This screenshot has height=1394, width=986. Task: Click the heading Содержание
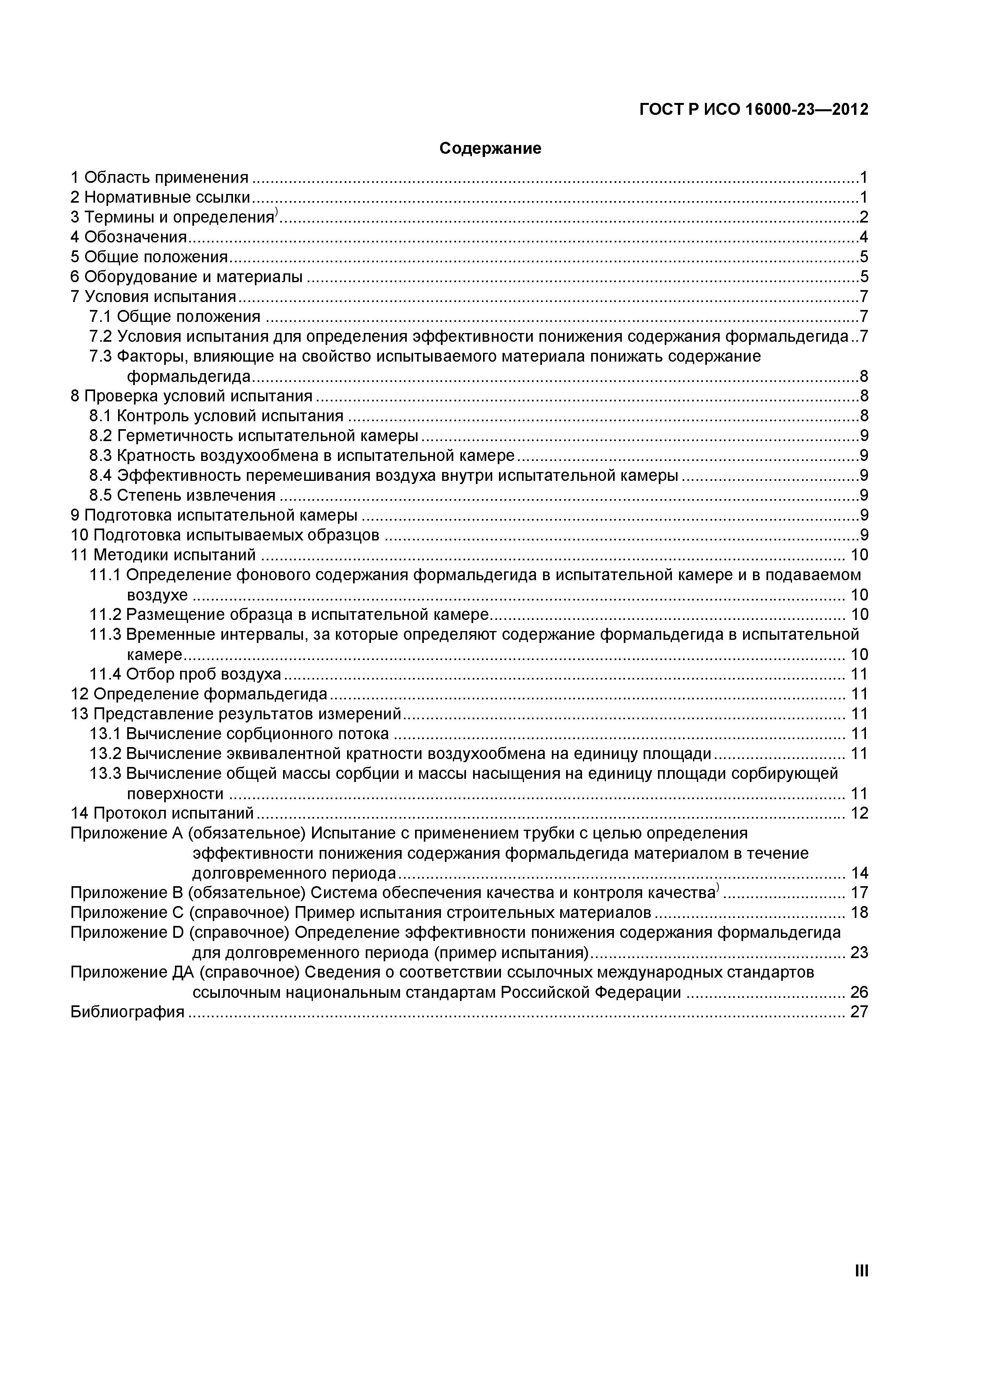click(x=490, y=148)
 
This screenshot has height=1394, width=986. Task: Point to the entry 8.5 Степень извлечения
click(x=182, y=496)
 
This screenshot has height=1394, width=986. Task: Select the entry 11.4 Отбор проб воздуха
click(x=185, y=674)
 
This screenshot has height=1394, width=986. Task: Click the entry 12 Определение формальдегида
click(x=199, y=694)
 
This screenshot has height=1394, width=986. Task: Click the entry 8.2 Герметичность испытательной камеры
click(x=253, y=436)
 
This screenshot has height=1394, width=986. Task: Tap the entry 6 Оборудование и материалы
click(x=186, y=277)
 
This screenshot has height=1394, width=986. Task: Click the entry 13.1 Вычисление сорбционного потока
click(x=239, y=734)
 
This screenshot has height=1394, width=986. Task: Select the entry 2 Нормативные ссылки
click(x=160, y=197)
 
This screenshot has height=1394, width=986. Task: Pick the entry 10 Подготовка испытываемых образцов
click(x=225, y=535)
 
